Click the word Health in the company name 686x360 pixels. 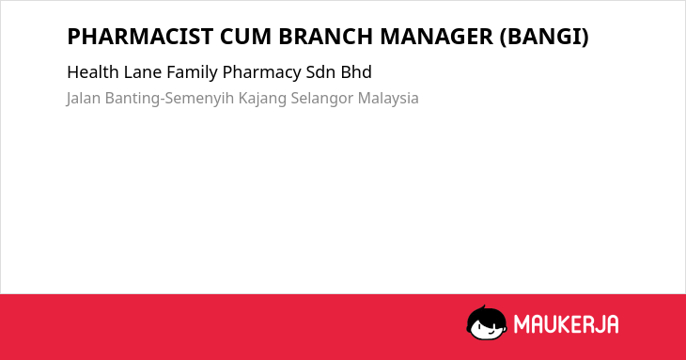[x=93, y=72]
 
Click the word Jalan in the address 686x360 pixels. [x=84, y=99]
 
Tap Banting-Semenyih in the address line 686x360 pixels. [x=169, y=99]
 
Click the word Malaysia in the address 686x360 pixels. [x=388, y=99]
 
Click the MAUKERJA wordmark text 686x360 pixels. [x=566, y=324]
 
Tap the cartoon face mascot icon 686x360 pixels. [x=487, y=322]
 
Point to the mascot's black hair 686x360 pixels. [x=485, y=315]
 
